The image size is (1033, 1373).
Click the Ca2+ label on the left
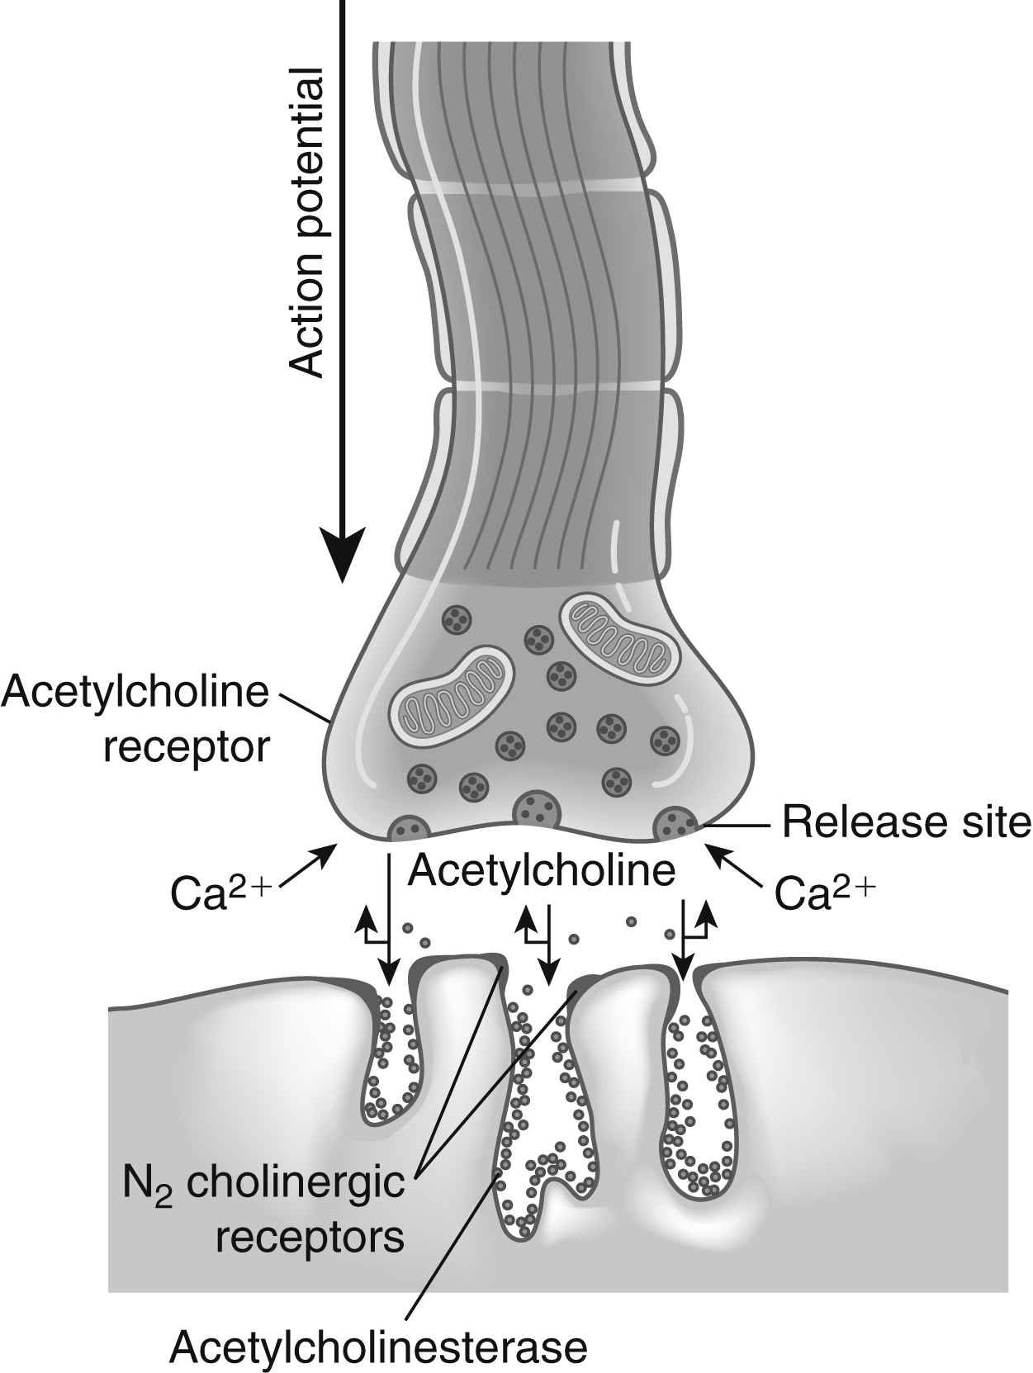[218, 892]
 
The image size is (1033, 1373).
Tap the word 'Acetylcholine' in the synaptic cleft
[542, 870]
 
